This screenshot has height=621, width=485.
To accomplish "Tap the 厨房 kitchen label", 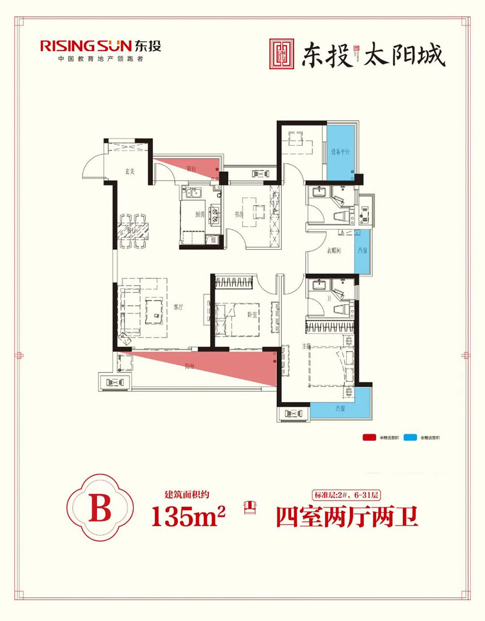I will [x=199, y=215].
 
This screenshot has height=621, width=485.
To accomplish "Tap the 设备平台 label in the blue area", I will [x=340, y=152].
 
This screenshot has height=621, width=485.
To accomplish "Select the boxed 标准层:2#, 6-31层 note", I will [x=346, y=496].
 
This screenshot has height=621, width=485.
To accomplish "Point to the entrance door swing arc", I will [x=92, y=167].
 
